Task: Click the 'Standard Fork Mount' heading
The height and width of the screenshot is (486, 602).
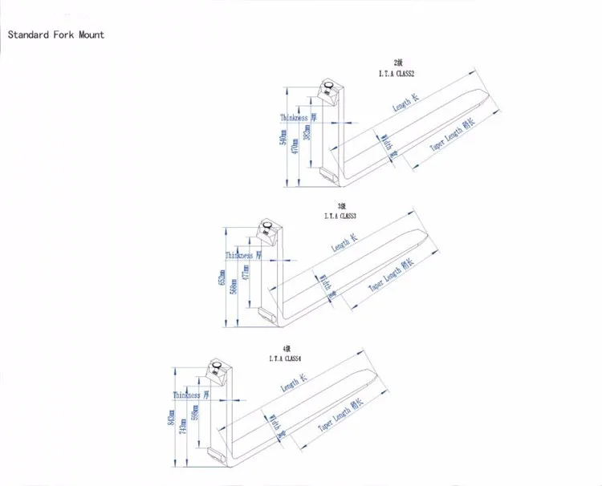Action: [55, 34]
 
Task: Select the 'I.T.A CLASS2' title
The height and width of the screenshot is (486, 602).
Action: [397, 74]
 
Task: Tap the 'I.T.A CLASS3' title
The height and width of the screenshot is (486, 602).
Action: [340, 216]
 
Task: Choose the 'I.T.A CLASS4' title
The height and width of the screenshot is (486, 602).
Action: [286, 358]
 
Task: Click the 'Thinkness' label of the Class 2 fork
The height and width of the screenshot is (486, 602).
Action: [294, 118]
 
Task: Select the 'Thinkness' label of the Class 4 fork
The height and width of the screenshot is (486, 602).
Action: [186, 395]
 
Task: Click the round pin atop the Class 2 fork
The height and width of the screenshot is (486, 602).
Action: [330, 86]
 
